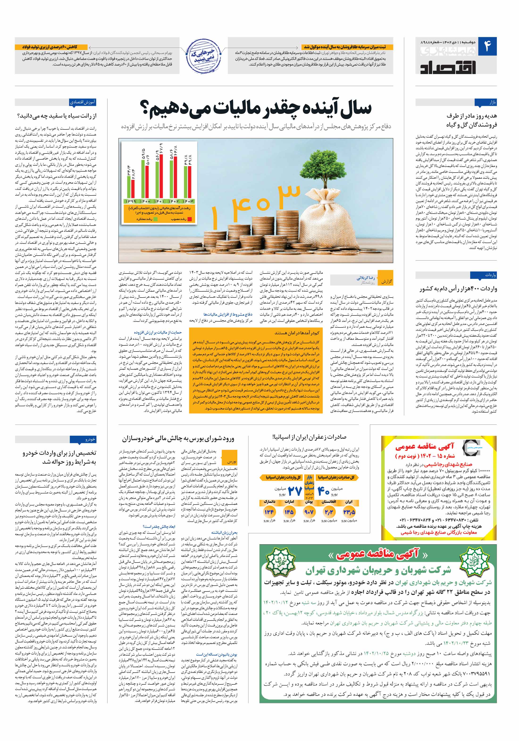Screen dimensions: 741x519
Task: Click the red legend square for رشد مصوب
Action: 190,219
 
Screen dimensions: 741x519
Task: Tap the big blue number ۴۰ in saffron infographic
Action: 324,491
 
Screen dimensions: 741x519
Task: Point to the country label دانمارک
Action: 269,502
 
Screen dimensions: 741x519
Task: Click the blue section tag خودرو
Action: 90,439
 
